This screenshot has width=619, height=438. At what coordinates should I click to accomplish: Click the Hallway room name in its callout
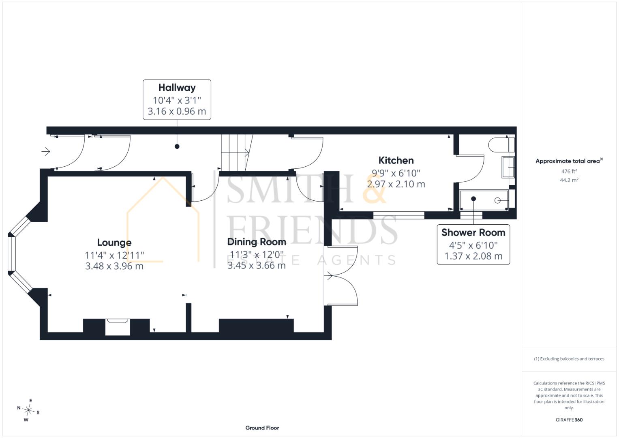177,88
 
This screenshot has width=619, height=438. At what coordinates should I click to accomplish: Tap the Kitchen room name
396,160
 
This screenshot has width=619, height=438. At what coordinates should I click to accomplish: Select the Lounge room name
114,243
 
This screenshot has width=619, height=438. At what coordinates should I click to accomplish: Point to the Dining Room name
257,242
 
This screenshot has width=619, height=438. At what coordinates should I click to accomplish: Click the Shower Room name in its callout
473,232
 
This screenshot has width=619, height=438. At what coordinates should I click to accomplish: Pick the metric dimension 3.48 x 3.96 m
114,266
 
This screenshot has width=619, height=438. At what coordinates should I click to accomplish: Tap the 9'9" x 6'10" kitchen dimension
396,173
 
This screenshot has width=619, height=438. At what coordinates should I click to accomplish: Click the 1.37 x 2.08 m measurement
473,256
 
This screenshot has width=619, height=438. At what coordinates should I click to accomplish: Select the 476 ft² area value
569,171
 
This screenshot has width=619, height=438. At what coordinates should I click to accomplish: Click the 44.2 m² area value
569,180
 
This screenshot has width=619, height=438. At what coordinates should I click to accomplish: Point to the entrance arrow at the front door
46,152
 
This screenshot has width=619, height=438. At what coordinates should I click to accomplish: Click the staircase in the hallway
237,152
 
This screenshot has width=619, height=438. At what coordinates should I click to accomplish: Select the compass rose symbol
28,410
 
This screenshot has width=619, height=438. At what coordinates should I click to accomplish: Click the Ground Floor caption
262,428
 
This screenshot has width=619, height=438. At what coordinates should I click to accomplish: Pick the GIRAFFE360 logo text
569,420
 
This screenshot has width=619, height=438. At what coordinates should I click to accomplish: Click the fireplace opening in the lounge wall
118,327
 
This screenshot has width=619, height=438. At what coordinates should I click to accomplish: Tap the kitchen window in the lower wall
399,215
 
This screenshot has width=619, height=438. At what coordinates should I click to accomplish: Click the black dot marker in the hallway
177,146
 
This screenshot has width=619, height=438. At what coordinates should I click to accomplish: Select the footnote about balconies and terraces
569,359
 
